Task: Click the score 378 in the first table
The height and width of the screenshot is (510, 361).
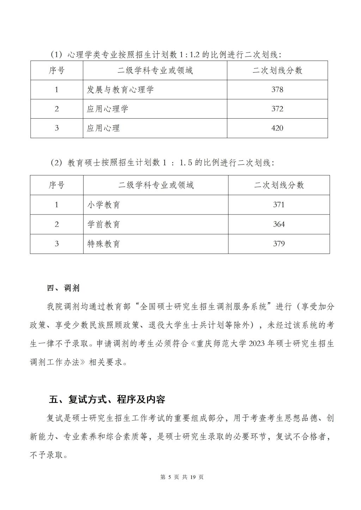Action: [277, 89]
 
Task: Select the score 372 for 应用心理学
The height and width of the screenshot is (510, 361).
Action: [277, 109]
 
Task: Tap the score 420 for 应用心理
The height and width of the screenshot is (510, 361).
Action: [277, 128]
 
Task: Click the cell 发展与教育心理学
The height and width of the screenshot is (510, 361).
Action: [120, 89]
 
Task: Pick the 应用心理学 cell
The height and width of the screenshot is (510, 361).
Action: [108, 109]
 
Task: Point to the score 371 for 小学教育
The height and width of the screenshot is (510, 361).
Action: [279, 205]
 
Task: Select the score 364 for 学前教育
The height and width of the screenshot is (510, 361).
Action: [279, 224]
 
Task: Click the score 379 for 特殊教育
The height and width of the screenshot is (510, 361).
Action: [279, 244]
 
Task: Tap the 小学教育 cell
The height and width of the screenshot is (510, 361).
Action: [104, 205]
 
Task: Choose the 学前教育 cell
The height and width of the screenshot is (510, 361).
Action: [104, 224]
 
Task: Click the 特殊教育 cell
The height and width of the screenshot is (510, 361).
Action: [104, 244]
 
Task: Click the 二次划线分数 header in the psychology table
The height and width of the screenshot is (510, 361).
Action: [277, 70]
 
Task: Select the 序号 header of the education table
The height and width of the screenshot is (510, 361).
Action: [56, 185]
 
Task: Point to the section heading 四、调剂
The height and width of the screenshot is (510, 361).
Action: [63, 288]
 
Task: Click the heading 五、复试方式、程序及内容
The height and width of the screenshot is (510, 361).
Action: [107, 399]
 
